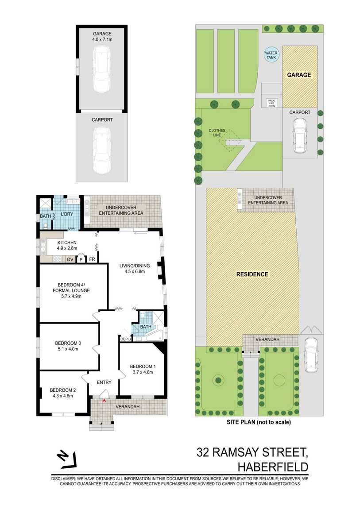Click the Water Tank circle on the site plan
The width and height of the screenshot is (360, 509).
coord(271,55)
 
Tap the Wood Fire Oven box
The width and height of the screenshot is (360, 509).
coord(271,103)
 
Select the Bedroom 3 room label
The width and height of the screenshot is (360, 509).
coord(68,346)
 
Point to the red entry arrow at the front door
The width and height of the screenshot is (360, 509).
coord(104,401)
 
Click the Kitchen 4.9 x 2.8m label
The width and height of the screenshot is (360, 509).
coord(67,245)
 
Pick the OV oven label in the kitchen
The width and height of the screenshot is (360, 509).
coord(70,259)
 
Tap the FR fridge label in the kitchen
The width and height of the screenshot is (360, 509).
coord(92,259)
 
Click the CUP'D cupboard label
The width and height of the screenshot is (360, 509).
coord(126,339)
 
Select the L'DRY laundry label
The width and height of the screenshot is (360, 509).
coord(67,214)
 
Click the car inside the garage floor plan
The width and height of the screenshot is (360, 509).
coord(101,69)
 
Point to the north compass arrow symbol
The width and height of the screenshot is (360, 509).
coord(66,460)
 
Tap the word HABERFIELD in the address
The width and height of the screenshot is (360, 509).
coord(273,467)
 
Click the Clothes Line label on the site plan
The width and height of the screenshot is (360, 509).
coord(217,133)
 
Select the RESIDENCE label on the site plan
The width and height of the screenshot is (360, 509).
coord(252,274)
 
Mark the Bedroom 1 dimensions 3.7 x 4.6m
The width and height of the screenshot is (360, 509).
coord(143,372)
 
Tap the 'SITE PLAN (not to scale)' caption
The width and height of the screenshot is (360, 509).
coord(259,422)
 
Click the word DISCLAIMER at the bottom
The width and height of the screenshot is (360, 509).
coord(64,479)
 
